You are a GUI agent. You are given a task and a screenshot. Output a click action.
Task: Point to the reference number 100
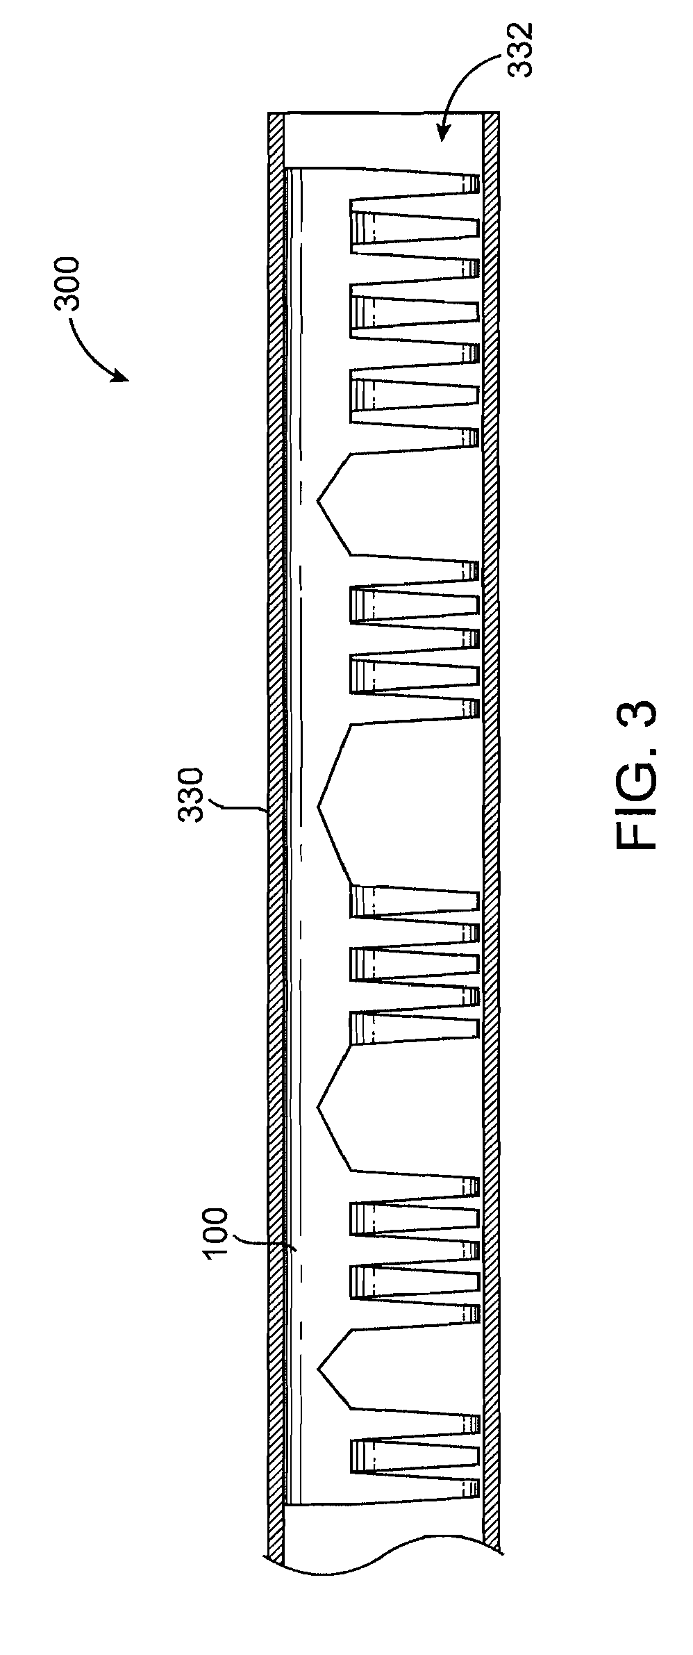point(215,1233)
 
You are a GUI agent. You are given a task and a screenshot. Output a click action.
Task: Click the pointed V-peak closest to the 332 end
point(319,500)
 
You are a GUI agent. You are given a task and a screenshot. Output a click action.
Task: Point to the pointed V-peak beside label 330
point(319,806)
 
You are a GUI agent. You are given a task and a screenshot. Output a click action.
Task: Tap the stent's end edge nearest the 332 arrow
point(383,169)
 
